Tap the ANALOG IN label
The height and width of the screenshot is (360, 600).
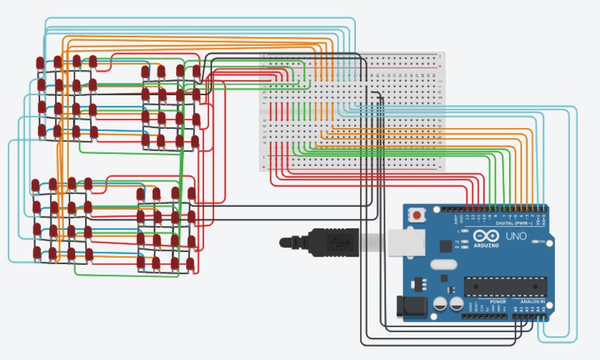532,301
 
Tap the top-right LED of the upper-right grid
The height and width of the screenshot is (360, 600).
197,71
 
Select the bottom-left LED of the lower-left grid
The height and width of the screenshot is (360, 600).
36,252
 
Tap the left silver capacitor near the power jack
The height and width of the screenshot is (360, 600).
439,304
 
